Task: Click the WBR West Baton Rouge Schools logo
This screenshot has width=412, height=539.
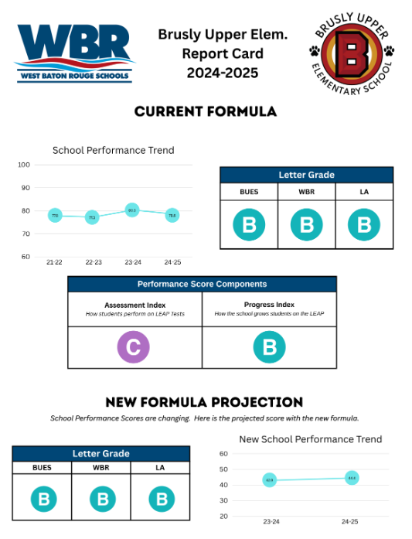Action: pos(75,52)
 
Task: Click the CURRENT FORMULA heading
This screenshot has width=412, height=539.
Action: pos(206,111)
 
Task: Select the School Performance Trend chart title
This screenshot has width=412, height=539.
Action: pos(113,150)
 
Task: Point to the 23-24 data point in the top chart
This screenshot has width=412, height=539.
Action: pos(132,210)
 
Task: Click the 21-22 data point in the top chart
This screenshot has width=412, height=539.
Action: pos(55,215)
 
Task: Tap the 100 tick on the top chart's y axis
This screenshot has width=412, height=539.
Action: pos(24,165)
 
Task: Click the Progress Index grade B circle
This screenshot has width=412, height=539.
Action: pos(269,348)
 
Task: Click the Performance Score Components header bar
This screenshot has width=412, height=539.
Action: pos(202,284)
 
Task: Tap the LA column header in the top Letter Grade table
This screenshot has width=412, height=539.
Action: pos(364,191)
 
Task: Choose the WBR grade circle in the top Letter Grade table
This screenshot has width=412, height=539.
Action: pos(306,225)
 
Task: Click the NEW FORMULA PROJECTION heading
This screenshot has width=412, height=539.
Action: pos(204,402)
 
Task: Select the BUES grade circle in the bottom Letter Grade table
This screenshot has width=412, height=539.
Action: pos(43,500)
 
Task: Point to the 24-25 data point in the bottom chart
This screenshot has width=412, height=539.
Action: pos(352,478)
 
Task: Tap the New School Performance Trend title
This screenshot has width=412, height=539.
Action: pos(311,439)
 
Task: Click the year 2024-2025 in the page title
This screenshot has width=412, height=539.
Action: pos(223,73)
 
